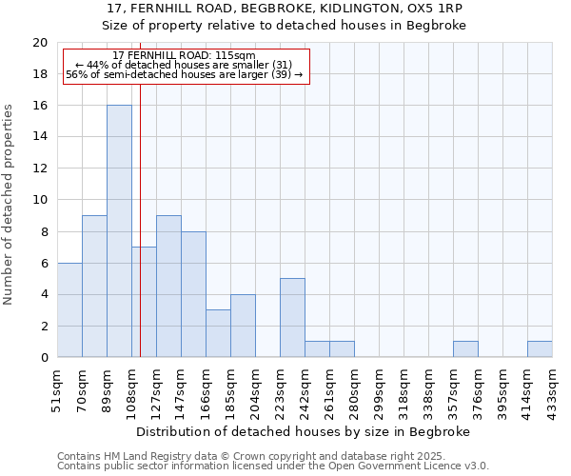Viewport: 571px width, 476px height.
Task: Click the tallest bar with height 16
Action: click(x=119, y=231)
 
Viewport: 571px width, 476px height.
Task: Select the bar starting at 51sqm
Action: click(x=69, y=310)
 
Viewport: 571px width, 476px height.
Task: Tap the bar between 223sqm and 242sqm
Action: click(x=292, y=318)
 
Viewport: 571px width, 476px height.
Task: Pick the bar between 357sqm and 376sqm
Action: click(x=465, y=349)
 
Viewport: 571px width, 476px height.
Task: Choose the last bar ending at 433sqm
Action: click(x=540, y=349)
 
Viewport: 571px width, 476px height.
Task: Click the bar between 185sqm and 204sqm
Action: click(x=243, y=326)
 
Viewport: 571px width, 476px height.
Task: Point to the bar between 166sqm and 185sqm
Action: click(x=218, y=333)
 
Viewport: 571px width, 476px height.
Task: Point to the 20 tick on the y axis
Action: click(x=40, y=43)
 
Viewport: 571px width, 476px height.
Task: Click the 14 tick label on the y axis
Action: click(x=40, y=137)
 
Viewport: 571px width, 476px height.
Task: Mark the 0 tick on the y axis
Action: click(x=44, y=358)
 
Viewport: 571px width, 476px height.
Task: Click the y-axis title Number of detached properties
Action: click(x=10, y=205)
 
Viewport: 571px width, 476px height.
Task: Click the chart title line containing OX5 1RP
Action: click(x=285, y=9)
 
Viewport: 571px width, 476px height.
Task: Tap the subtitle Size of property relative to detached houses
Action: click(x=285, y=26)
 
